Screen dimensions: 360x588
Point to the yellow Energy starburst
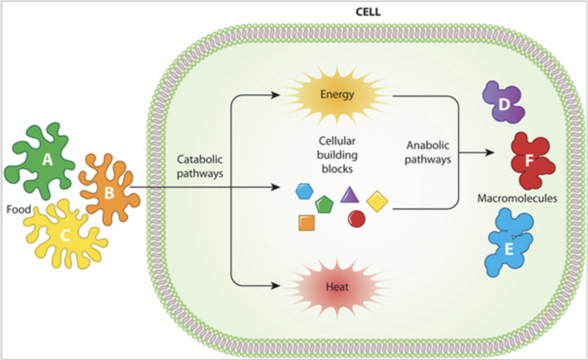click(x=336, y=94)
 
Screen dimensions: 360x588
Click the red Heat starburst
click(x=336, y=286)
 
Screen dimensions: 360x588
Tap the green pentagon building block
click(x=323, y=205)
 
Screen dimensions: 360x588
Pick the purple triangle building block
click(x=349, y=195)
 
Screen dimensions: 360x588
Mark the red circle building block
click(x=356, y=219)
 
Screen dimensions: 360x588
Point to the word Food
click(x=19, y=210)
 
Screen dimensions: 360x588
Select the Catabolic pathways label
click(x=200, y=166)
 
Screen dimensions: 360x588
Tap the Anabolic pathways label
click(x=428, y=152)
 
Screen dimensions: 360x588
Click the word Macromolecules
click(x=517, y=198)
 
